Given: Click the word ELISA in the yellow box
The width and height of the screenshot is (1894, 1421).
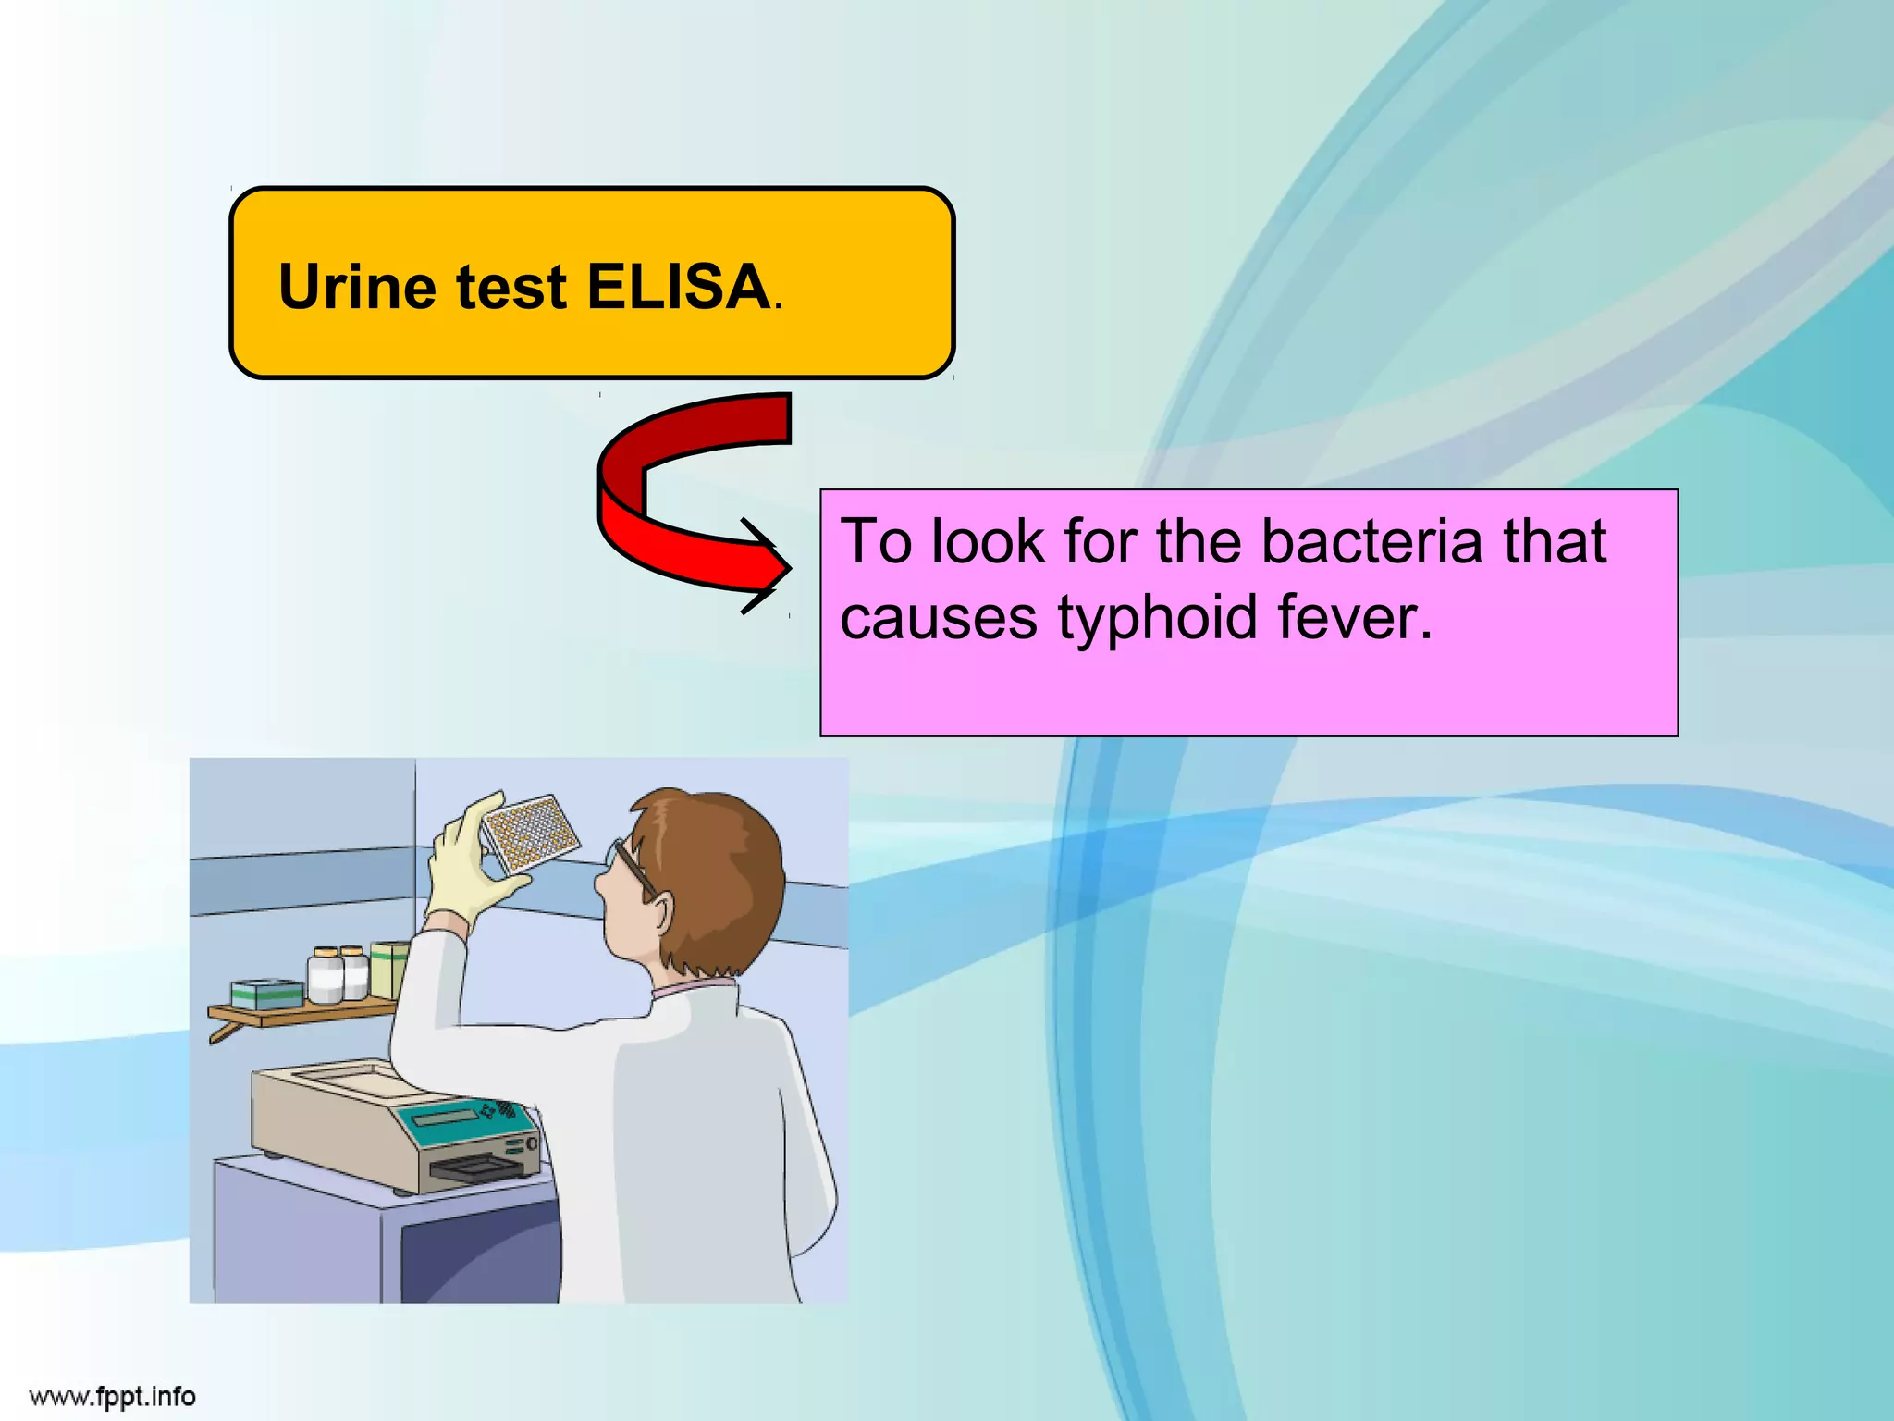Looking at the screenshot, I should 678,287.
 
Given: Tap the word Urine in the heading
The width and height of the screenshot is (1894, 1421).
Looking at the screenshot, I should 357,287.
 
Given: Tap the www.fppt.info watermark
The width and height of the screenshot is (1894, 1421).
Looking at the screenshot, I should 113,1396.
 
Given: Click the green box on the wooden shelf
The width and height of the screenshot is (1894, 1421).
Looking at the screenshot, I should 267,995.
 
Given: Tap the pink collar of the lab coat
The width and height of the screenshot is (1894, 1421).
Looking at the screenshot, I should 694,989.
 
